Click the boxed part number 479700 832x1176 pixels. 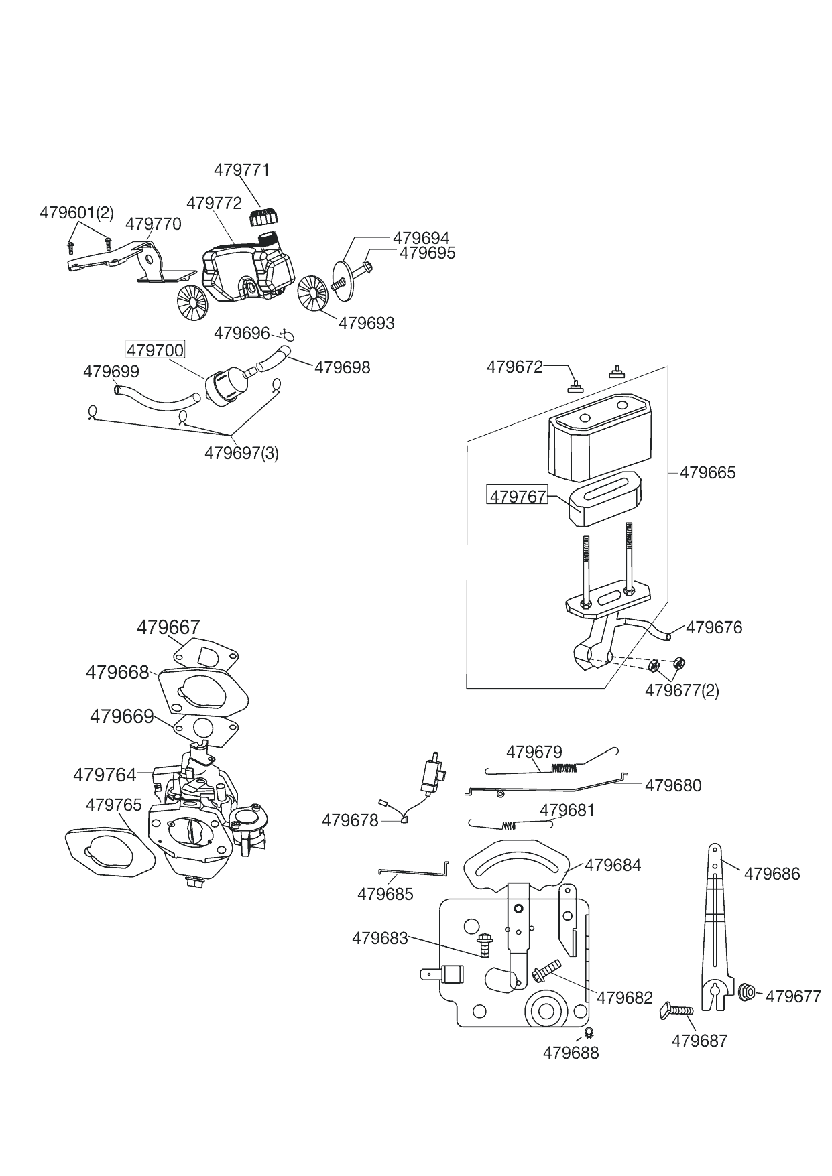pos(155,350)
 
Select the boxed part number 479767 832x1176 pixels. pos(518,496)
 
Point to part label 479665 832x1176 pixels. pos(707,472)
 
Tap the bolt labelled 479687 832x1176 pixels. pos(677,1010)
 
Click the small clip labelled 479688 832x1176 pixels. pos(589,1032)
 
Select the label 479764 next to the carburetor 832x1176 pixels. pos(105,775)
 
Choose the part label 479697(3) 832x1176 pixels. pos(241,453)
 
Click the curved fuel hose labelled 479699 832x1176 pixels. pos(156,396)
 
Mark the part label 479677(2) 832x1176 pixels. pos(682,690)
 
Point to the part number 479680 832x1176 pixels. pos(673,785)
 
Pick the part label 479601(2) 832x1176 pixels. pos(76,212)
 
